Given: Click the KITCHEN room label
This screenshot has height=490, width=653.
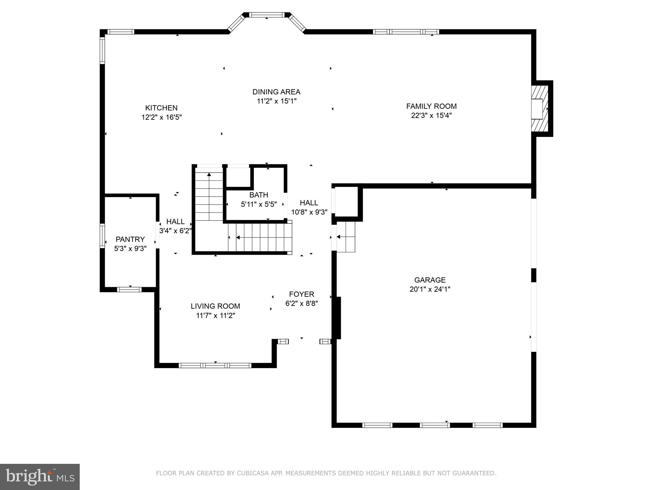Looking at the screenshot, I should click(161, 108).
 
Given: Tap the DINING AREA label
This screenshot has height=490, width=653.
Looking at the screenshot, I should click(276, 92).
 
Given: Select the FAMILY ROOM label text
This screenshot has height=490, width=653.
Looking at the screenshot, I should click(431, 106).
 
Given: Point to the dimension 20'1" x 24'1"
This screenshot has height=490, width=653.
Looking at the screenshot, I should click(430, 289).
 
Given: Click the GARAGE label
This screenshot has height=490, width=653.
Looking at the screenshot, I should click(430, 280).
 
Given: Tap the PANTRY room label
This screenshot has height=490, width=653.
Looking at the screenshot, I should click(130, 239).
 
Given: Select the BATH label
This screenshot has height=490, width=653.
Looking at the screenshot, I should click(259, 195).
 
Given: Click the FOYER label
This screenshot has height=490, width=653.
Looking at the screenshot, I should click(301, 294).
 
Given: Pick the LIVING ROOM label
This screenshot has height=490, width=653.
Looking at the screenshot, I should click(215, 306).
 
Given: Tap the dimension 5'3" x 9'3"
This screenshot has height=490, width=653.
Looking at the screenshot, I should click(130, 249).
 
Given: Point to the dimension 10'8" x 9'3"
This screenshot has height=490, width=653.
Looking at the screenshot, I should click(309, 212).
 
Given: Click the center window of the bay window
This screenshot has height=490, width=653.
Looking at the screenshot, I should click(266, 15).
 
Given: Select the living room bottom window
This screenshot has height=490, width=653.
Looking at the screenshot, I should click(215, 365).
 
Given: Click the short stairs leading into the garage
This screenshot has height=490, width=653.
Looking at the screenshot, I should click(346, 237).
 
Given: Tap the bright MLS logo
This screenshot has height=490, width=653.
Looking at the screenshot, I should click(40, 477).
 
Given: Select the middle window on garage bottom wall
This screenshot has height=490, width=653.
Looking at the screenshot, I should click(435, 425).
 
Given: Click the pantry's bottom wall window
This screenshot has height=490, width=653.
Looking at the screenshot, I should click(129, 289).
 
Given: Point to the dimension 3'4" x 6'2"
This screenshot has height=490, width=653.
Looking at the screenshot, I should click(175, 231).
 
